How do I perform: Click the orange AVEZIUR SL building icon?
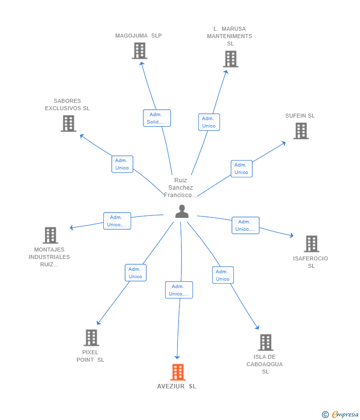pos(178,372)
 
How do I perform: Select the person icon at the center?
pos(182,211)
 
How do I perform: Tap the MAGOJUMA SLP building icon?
pos(139,50)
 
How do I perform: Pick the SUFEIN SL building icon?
pos(301,131)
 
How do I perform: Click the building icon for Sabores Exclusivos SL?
pos(68,124)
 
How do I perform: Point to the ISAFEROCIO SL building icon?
pos(312,244)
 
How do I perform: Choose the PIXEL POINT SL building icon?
pos(91,337)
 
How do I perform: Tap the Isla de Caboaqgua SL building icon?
pos(266,342)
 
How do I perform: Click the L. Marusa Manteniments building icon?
pos(231,59)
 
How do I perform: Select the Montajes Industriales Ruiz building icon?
pos(50,235)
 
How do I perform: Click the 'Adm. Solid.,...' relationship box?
pos(157,118)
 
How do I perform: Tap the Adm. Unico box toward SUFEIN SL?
pos(241,168)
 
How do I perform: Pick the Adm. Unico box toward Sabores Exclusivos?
pos(122,164)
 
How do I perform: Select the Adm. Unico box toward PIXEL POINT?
pos(135,273)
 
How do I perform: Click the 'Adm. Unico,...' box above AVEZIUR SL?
pos(179,290)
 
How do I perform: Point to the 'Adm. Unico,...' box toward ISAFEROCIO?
pos(246,225)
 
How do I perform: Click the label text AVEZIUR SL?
pos(177,386)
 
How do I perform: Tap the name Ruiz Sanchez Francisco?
pos(180,187)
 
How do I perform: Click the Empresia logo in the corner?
pos(340,415)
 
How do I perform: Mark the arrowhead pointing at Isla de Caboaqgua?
pos(257,327)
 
